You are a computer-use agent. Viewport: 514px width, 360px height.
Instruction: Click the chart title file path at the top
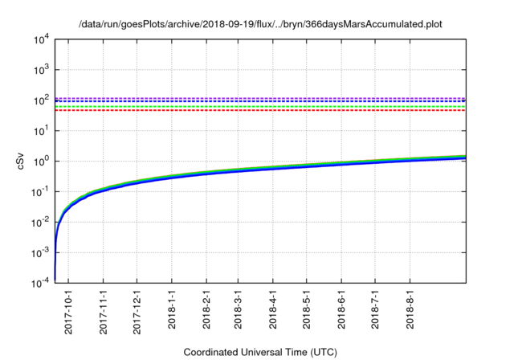coord(261,24)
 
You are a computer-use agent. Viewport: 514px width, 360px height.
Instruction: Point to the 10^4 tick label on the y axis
coord(41,39)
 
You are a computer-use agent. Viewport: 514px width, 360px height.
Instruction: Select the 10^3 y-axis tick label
coord(41,70)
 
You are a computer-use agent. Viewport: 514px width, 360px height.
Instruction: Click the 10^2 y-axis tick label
coord(41,100)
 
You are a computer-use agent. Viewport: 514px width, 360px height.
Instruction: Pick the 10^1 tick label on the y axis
coord(41,131)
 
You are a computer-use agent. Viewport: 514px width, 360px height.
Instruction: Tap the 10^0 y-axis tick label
coord(41,162)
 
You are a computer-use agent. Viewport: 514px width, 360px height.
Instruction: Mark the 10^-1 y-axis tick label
coord(39,192)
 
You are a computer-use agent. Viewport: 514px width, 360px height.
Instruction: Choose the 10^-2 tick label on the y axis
coord(39,223)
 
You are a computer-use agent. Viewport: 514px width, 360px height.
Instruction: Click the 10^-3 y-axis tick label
coord(39,253)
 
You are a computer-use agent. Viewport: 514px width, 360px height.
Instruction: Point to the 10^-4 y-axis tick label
coord(39,284)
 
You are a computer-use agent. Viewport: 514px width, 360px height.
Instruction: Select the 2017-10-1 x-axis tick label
coord(69,310)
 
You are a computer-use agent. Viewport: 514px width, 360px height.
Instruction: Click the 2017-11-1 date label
coord(104,310)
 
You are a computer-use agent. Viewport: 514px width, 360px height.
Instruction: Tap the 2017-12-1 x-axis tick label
coord(137,310)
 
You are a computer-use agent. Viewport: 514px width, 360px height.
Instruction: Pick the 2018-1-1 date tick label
coord(172,309)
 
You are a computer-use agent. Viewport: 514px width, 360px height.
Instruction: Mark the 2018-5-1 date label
coord(308,309)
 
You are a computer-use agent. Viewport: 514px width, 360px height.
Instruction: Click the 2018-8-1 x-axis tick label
coord(410,309)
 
